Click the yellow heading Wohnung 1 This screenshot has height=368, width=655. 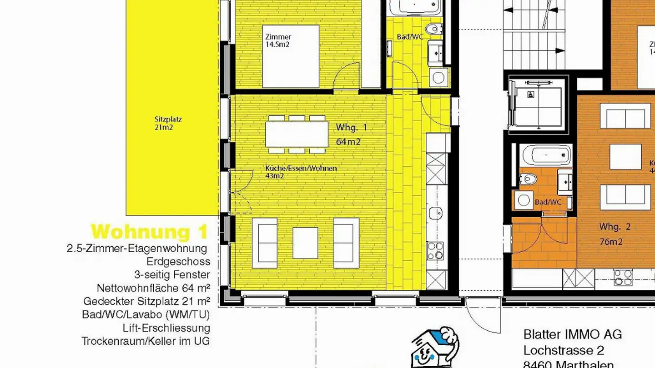pyautogui.click(x=149, y=232)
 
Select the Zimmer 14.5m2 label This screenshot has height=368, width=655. pyautogui.click(x=278, y=40)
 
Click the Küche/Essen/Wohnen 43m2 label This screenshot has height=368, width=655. pyautogui.click(x=301, y=172)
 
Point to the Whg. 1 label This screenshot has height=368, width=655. pyautogui.click(x=351, y=127)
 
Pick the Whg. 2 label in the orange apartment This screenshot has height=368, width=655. pyautogui.click(x=615, y=227)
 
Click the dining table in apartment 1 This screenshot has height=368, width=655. pyautogui.click(x=297, y=134)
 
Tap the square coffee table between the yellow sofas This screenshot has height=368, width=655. pyautogui.click(x=305, y=243)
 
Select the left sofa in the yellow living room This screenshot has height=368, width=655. pyautogui.click(x=264, y=243)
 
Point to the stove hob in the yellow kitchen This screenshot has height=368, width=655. pyautogui.click(x=436, y=250)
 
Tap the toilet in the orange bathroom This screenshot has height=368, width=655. pyautogui.click(x=528, y=179)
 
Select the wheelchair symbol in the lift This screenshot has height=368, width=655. pyautogui.click(x=530, y=95)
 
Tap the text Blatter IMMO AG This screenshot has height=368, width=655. pyautogui.click(x=572, y=335)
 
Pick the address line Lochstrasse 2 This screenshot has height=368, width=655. pyautogui.click(x=564, y=351)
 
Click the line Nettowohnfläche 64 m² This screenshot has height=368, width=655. pyautogui.click(x=153, y=288)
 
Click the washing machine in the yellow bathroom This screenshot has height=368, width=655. pyautogui.click(x=438, y=77)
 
